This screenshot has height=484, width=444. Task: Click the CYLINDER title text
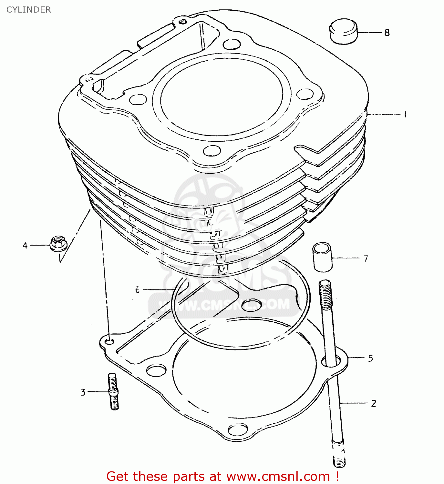[x=28, y=10]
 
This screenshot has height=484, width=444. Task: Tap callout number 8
[x=387, y=33]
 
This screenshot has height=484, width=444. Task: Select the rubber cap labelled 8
[x=343, y=31]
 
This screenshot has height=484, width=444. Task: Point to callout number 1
[x=405, y=114]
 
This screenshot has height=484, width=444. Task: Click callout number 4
[x=25, y=246]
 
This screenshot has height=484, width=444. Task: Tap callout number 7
[x=366, y=258]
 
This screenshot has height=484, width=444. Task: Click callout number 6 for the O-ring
[x=138, y=290]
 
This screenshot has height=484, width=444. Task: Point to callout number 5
[x=370, y=358]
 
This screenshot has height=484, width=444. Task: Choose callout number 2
[x=374, y=403]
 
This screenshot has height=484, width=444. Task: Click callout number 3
[x=83, y=392]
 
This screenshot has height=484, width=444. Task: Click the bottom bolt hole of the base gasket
[x=238, y=429]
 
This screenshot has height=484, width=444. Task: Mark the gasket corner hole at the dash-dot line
[x=110, y=341]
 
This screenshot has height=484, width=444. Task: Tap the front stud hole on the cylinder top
[x=212, y=151]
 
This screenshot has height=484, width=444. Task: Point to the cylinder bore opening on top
[x=221, y=95]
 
